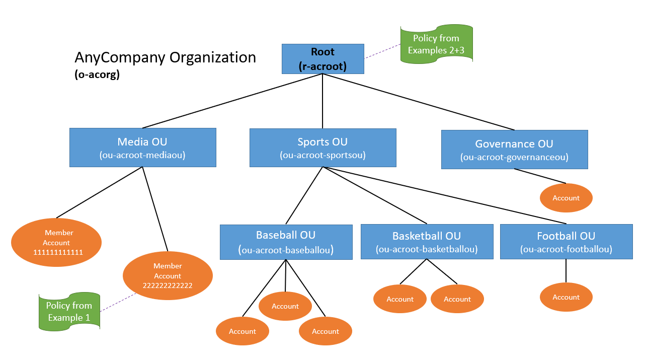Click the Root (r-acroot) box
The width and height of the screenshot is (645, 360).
pos(322,59)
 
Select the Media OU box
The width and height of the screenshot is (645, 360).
pos(143,147)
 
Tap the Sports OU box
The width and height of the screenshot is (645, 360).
pos(322,148)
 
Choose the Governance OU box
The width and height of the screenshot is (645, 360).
pos(514,149)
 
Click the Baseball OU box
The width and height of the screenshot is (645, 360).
pos(286,242)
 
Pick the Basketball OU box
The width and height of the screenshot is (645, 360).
pos(427,242)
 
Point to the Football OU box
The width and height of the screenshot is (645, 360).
pos(566,242)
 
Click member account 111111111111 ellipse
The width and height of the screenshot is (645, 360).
pos(56,242)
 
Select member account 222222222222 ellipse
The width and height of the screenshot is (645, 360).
pos(168,276)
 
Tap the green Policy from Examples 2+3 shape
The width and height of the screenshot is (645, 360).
pos(436,44)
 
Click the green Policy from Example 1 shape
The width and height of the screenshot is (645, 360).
pos(69,312)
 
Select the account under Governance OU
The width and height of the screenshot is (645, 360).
pos(566,198)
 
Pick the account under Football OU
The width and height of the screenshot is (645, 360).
pos(566,297)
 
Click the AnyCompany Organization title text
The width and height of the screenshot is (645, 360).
pos(165,57)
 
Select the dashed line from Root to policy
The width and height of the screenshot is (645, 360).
pos(382,50)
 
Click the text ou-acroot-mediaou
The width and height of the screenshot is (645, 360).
pos(143,156)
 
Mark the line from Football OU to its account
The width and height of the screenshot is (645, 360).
pos(566,271)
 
